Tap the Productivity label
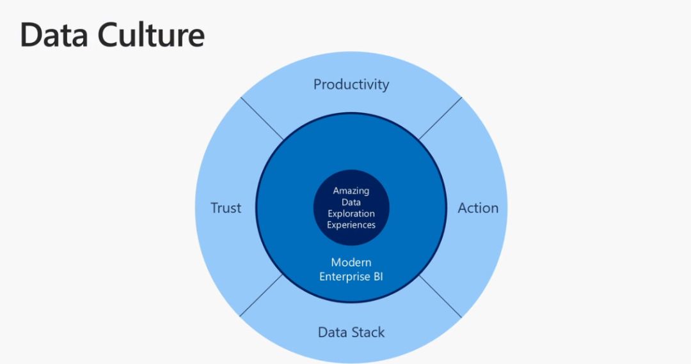click(351, 84)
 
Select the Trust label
click(226, 208)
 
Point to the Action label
click(478, 208)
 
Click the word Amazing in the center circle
click(351, 191)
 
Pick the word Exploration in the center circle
click(351, 213)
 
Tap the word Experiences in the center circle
click(351, 225)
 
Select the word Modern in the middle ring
click(351, 262)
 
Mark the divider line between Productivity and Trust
click(262, 119)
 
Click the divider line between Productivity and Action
click(440, 119)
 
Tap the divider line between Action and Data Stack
click(440, 296)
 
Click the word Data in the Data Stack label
click(331, 332)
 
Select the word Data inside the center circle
click(351, 202)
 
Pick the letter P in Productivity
click(318, 84)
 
